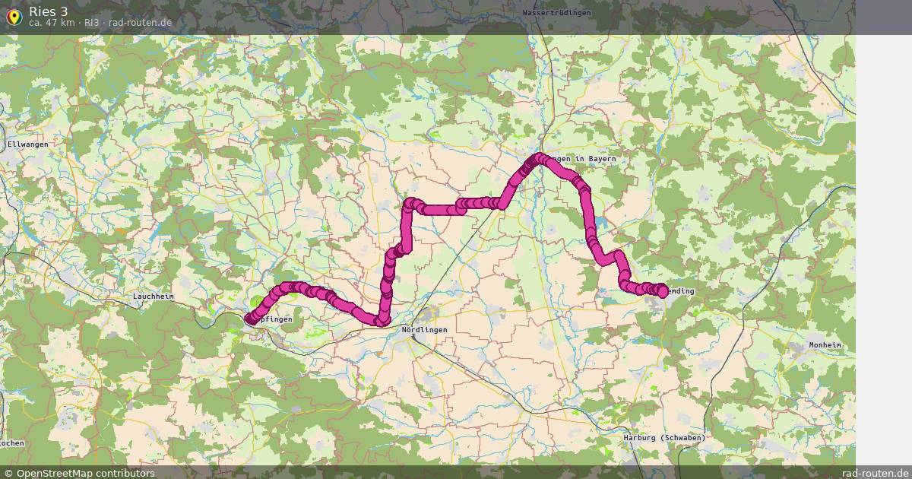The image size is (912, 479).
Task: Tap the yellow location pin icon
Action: pyautogui.click(x=14, y=17)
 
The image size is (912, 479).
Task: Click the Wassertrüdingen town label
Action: pyautogui.click(x=556, y=13)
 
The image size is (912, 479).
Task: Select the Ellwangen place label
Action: pyautogui.click(x=27, y=144)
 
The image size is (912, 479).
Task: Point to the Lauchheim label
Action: pyautogui.click(x=154, y=297)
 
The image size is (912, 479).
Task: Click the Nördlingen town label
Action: pyautogui.click(x=424, y=329)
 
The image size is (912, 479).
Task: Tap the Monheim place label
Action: pyautogui.click(x=825, y=345)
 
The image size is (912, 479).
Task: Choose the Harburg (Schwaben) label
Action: pyautogui.click(x=664, y=438)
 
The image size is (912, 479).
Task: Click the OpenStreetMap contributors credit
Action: pyautogui.click(x=85, y=473)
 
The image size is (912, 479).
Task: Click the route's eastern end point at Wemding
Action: pyautogui.click(x=662, y=291)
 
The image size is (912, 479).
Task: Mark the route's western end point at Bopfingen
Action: pyautogui.click(x=250, y=320)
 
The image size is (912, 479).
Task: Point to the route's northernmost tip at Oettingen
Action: pyautogui.click(x=540, y=158)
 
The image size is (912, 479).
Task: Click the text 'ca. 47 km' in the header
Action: pyautogui.click(x=51, y=23)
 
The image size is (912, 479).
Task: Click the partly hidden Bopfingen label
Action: pyautogui.click(x=275, y=320)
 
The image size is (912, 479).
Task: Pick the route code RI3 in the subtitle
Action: pyautogui.click(x=91, y=23)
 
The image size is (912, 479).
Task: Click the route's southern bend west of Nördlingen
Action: pyautogui.click(x=380, y=322)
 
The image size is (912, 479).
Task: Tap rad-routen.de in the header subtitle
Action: pyautogui.click(x=141, y=23)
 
